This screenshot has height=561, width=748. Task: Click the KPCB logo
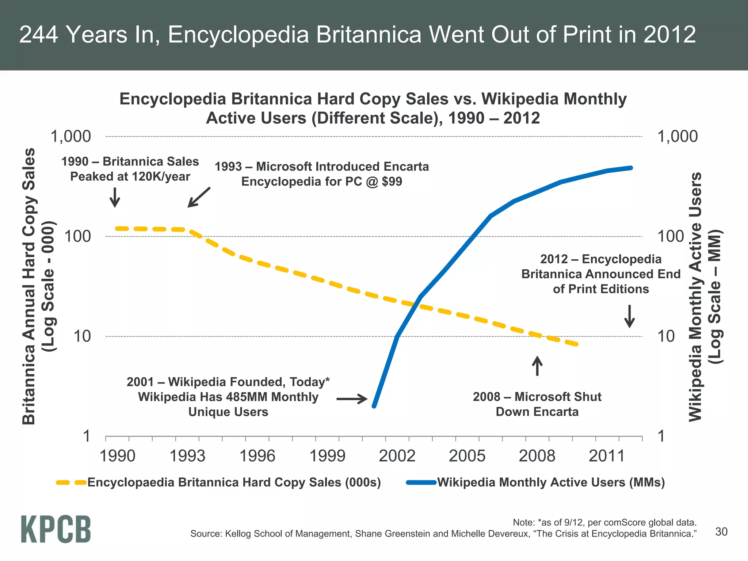click(56, 529)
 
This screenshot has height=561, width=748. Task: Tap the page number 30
click(721, 532)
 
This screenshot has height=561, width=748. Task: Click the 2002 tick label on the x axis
click(397, 456)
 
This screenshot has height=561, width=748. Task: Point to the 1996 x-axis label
click(257, 456)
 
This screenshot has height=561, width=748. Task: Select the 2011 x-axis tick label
click(607, 456)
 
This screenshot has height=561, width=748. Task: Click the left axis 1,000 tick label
click(71, 137)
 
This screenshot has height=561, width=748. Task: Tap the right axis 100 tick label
click(671, 237)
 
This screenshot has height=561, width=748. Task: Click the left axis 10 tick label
click(82, 336)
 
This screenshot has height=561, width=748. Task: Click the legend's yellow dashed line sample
click(71, 482)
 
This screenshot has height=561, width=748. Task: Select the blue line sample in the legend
click(421, 482)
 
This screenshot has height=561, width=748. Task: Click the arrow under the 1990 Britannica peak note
click(115, 198)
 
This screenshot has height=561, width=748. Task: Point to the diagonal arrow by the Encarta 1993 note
click(199, 198)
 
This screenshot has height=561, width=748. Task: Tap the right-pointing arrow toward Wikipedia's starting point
click(352, 399)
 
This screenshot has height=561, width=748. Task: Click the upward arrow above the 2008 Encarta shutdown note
click(537, 366)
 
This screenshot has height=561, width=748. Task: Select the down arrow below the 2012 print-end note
click(629, 316)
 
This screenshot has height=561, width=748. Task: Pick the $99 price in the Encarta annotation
click(392, 182)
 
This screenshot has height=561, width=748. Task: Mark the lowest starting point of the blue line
click(374, 406)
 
